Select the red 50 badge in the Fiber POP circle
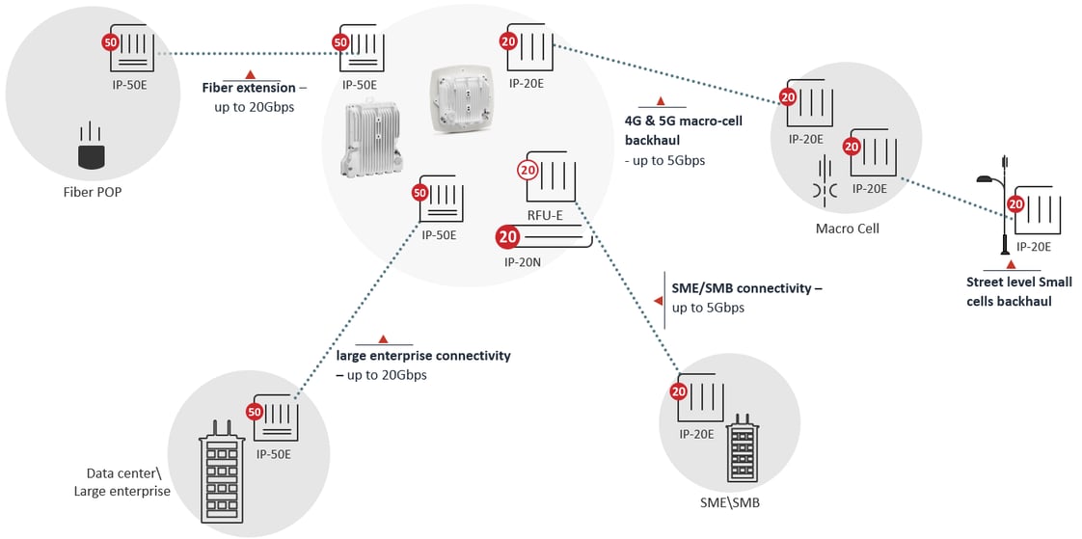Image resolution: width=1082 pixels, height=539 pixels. pos(110,43)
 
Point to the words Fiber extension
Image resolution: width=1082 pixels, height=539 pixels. pos(241,88)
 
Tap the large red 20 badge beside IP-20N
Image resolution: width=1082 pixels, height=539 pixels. pos(508,237)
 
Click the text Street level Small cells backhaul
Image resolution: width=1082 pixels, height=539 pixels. pos(1018,292)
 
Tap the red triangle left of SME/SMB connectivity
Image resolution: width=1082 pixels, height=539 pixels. pos(659,301)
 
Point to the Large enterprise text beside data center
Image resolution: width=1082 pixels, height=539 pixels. pos(122,492)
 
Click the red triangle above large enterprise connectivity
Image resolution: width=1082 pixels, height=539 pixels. pos(383,338)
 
